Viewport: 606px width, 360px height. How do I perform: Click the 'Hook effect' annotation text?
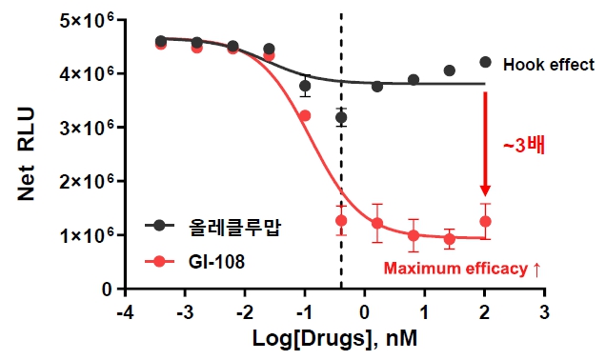point(549,65)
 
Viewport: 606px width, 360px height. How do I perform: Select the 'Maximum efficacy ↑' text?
point(462,269)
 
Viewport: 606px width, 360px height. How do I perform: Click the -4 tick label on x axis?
point(123,312)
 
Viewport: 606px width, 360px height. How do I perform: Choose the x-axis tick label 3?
point(545,312)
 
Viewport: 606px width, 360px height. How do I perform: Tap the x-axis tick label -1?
point(304,312)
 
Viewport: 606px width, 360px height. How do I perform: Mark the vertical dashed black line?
point(341,190)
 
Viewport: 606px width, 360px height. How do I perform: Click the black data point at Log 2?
point(485,62)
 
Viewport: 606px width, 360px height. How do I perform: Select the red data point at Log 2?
point(485,222)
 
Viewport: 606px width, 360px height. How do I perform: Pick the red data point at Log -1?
point(305,115)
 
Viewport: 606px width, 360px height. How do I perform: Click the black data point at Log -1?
point(305,86)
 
